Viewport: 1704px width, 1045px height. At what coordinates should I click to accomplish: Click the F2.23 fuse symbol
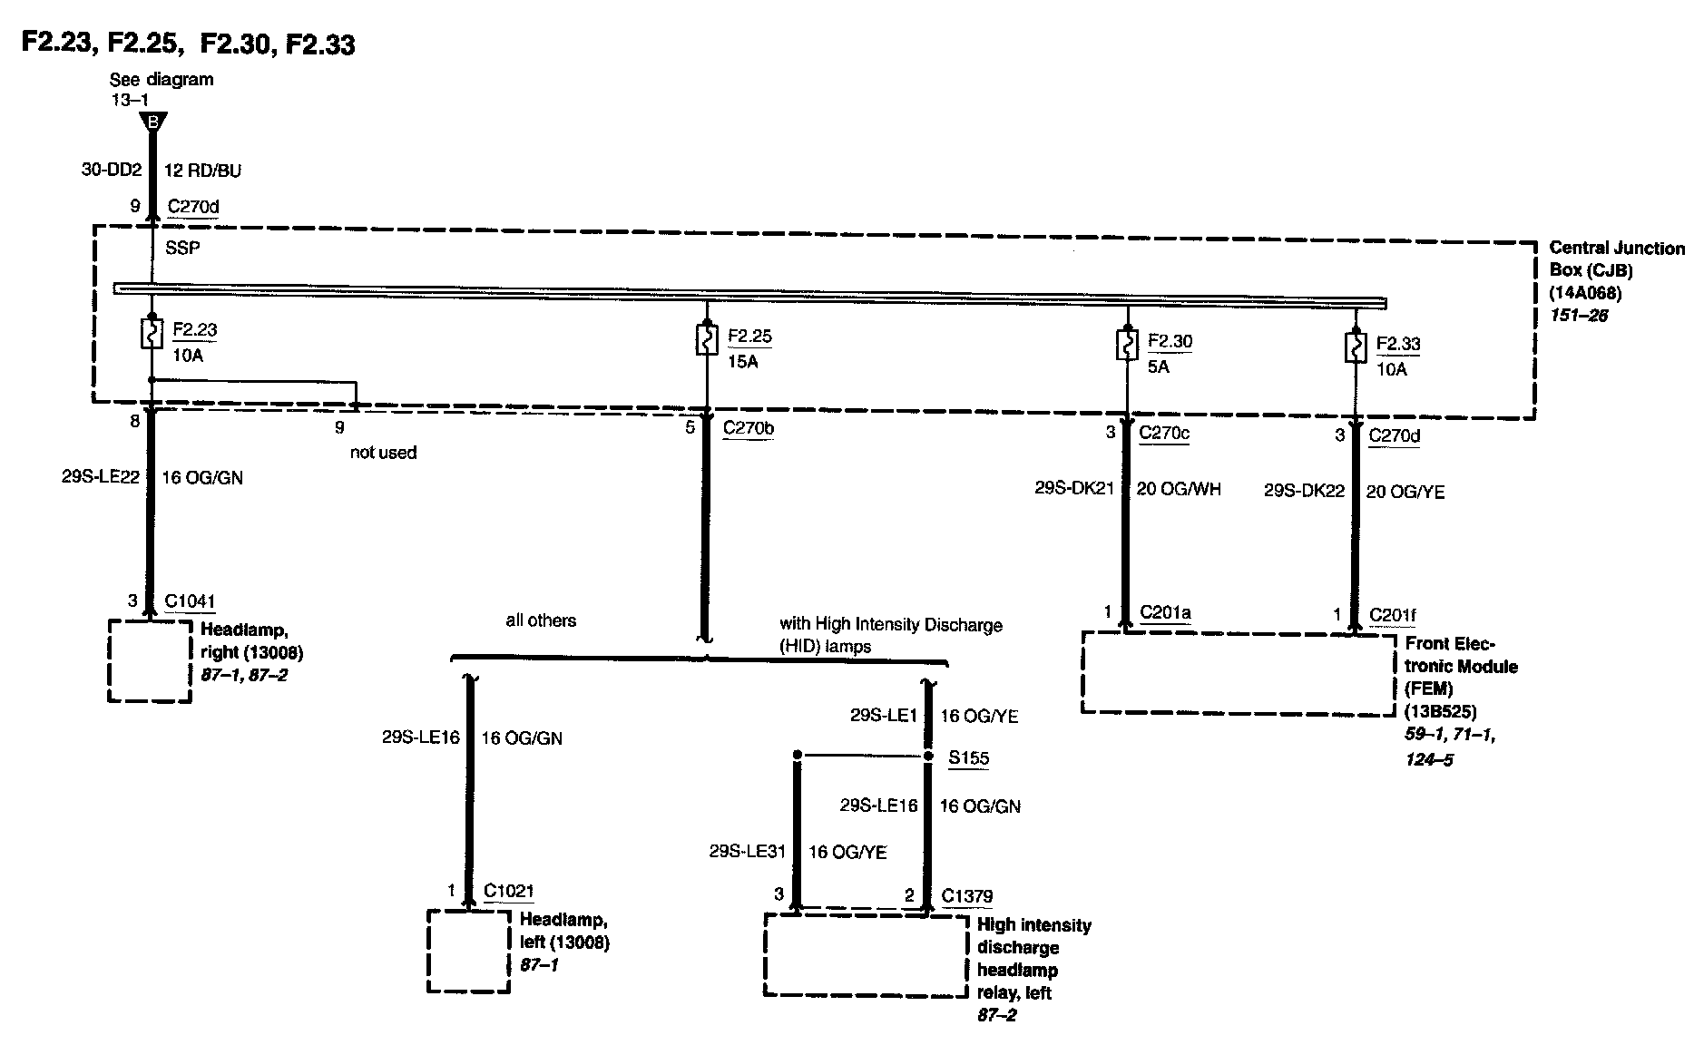pos(152,333)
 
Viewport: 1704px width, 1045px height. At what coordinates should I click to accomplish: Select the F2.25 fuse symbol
pos(705,340)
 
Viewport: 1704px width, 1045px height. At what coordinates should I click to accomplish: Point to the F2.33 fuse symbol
pos(1355,348)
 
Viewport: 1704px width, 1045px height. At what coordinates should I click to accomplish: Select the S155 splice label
pos(968,758)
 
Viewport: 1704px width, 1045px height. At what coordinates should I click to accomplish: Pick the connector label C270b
pos(749,428)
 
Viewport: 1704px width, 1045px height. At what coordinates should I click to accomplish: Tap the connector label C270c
pos(1163,433)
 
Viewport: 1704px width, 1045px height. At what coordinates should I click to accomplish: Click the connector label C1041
pos(190,601)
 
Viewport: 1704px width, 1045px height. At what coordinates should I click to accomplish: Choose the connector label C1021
pos(508,891)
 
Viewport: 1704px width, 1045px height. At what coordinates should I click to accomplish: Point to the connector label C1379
pos(966,896)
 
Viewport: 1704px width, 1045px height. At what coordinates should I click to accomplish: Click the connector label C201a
pos(1165,613)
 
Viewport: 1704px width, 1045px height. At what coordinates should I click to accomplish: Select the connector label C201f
pos(1392,615)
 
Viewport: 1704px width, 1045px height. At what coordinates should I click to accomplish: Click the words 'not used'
pos(383,452)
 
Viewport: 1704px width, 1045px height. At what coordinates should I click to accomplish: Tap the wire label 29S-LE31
pos(746,852)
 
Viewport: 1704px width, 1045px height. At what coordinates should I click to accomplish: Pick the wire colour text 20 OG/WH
pos(1179,490)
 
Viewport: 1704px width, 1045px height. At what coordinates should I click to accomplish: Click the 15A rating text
pos(742,361)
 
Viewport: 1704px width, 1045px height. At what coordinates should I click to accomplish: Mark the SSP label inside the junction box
pos(182,248)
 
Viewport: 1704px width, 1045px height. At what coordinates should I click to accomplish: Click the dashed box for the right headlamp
pos(150,660)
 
